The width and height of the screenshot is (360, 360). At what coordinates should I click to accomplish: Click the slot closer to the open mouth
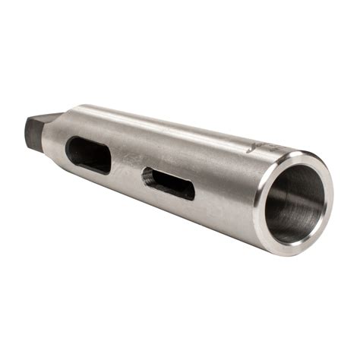click(168, 183)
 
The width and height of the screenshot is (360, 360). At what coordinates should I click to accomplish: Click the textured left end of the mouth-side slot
click(147, 177)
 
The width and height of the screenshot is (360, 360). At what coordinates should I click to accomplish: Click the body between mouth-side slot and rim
click(224, 194)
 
